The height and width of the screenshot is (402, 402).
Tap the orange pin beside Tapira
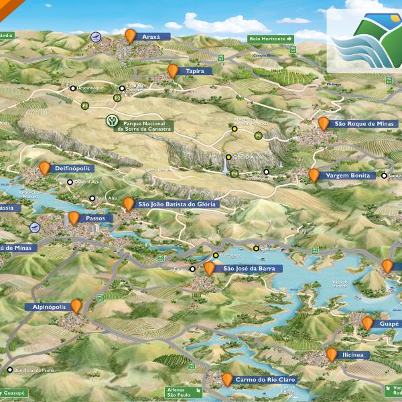click(x=173, y=70)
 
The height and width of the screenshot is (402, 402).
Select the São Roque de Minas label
click(x=365, y=124)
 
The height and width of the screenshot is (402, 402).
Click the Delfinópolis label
click(x=72, y=169)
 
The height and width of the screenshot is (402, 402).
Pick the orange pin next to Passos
click(x=74, y=217)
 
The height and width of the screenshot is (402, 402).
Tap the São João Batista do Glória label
click(x=177, y=204)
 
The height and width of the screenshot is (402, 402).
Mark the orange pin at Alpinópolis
click(x=77, y=306)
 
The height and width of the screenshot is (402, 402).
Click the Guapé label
click(x=389, y=324)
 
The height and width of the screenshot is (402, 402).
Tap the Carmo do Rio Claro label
click(x=265, y=380)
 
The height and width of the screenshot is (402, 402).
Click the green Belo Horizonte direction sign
click(x=271, y=39)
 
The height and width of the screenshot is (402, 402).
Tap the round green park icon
click(x=112, y=121)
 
